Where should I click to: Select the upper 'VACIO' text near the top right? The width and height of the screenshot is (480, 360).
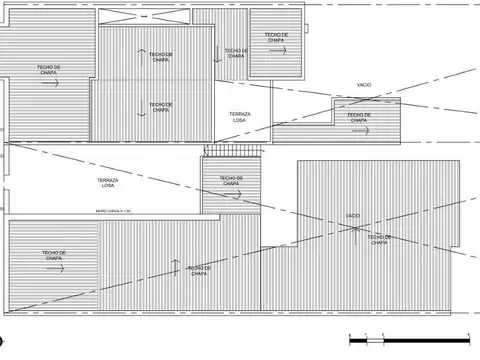[x=364, y=85]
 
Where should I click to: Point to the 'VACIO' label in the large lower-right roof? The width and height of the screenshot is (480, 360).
[x=352, y=215]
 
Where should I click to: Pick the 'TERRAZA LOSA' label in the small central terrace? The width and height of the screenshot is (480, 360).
[x=240, y=117]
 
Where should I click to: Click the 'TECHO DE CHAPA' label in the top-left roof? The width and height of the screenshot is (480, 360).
[x=50, y=69]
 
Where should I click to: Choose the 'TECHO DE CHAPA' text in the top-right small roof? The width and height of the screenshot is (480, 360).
[x=277, y=36]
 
